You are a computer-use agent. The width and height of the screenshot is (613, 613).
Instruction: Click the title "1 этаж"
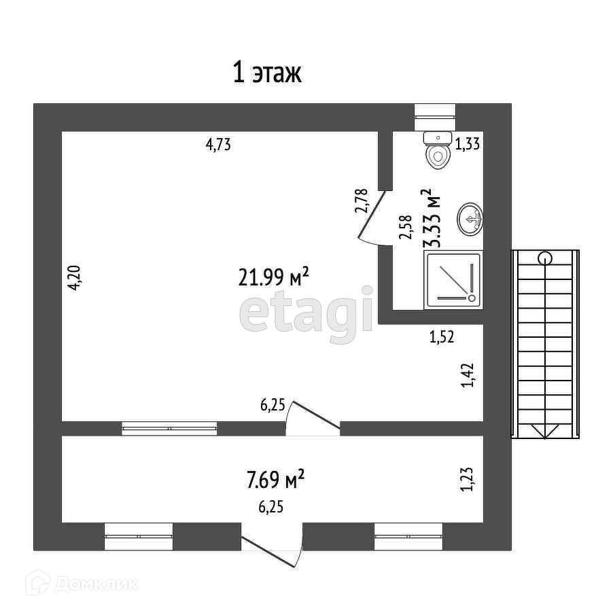pos(267,73)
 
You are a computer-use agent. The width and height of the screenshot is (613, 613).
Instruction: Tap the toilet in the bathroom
pos(438,150)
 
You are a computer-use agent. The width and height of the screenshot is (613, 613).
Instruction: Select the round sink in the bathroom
pos(470,218)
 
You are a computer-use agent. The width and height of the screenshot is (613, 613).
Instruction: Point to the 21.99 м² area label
pos(274,277)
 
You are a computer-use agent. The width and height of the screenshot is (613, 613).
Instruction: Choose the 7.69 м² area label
pos(275,480)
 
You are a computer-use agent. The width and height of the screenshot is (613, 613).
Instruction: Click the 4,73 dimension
pos(219,144)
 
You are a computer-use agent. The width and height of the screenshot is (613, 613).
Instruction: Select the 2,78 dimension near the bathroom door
pos(362,200)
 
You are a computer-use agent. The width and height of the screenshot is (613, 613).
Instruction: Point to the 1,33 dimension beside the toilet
pos(469,144)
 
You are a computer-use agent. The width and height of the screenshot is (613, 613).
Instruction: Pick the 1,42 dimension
pos(467,376)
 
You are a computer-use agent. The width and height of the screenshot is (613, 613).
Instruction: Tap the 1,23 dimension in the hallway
pos(467,478)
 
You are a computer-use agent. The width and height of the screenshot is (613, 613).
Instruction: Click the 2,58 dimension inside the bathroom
pos(406,227)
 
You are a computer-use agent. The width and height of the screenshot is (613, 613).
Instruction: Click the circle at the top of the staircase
pos(545,257)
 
